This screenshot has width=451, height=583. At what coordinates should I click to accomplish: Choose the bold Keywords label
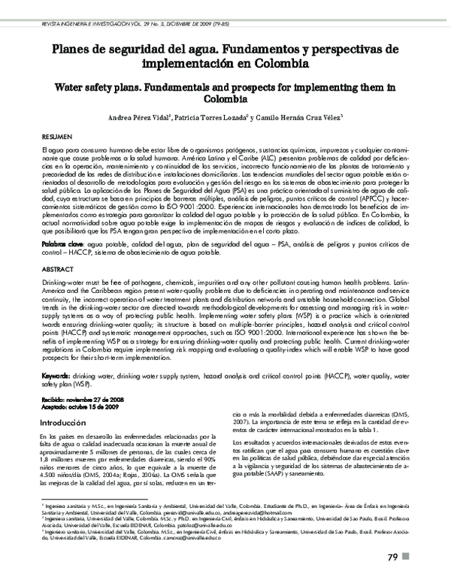57,373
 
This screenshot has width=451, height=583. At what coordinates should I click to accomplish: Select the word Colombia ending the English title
225,98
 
